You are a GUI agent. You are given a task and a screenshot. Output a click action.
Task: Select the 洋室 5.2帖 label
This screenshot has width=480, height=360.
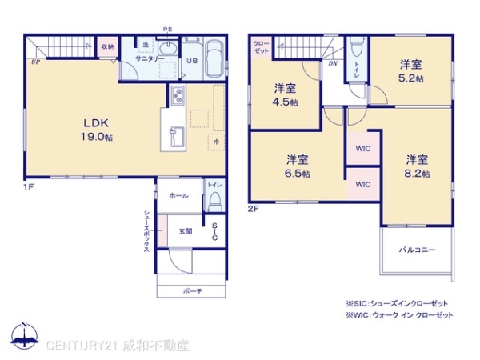pyautogui.click(x=411, y=70)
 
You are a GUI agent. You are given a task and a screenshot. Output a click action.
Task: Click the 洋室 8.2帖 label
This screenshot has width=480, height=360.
pyautogui.click(x=416, y=165)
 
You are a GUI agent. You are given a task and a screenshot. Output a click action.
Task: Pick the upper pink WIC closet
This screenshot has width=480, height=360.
pyautogui.click(x=363, y=147)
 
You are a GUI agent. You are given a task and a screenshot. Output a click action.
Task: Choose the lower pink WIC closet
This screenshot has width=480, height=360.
pyautogui.click(x=363, y=185)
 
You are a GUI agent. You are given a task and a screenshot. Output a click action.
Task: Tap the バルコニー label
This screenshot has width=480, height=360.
pyautogui.click(x=417, y=250)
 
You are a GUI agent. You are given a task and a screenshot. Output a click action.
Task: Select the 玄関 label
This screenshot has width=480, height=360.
pyautogui.click(x=185, y=231)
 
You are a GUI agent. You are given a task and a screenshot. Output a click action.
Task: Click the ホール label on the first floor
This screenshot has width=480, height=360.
pyautogui.click(x=179, y=195)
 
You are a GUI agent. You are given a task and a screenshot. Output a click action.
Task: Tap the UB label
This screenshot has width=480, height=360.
pyautogui.click(x=192, y=61)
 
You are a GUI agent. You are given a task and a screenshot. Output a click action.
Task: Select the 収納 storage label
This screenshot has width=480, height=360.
pyautogui.click(x=107, y=47)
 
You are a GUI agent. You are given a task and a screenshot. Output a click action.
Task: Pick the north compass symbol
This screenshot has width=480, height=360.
pyautogui.click(x=24, y=337)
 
